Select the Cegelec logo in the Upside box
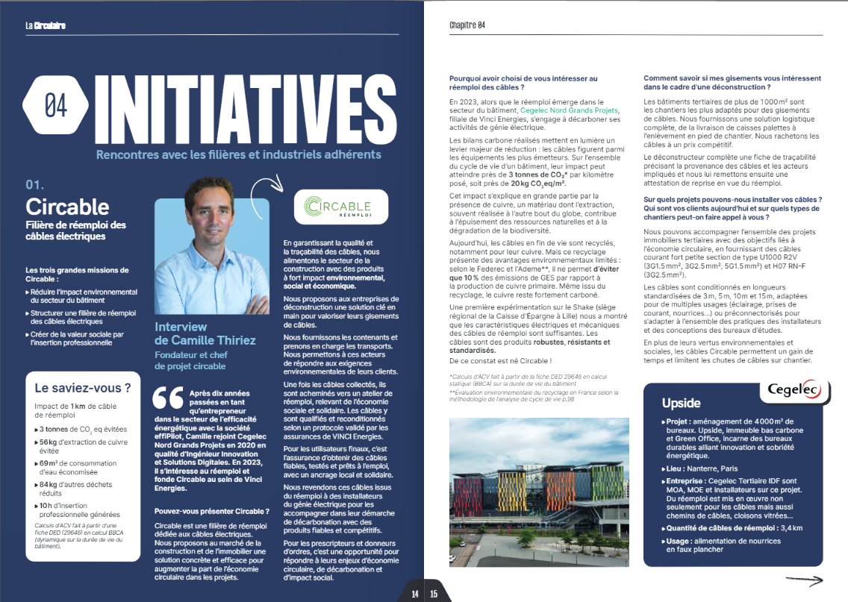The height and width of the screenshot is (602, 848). [794, 391]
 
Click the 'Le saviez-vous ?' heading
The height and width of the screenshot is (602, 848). [83, 388]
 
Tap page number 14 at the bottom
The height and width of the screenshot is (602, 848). [414, 594]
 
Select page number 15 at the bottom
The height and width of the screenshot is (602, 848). [434, 594]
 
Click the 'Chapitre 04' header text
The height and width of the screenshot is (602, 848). [467, 25]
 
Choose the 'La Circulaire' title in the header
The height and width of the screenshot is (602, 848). [46, 25]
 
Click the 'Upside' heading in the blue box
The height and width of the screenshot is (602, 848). [681, 403]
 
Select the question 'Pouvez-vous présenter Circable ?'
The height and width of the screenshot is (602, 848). [211, 511]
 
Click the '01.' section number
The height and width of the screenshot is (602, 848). [37, 184]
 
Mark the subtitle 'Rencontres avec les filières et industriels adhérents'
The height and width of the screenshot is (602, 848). [238, 154]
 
